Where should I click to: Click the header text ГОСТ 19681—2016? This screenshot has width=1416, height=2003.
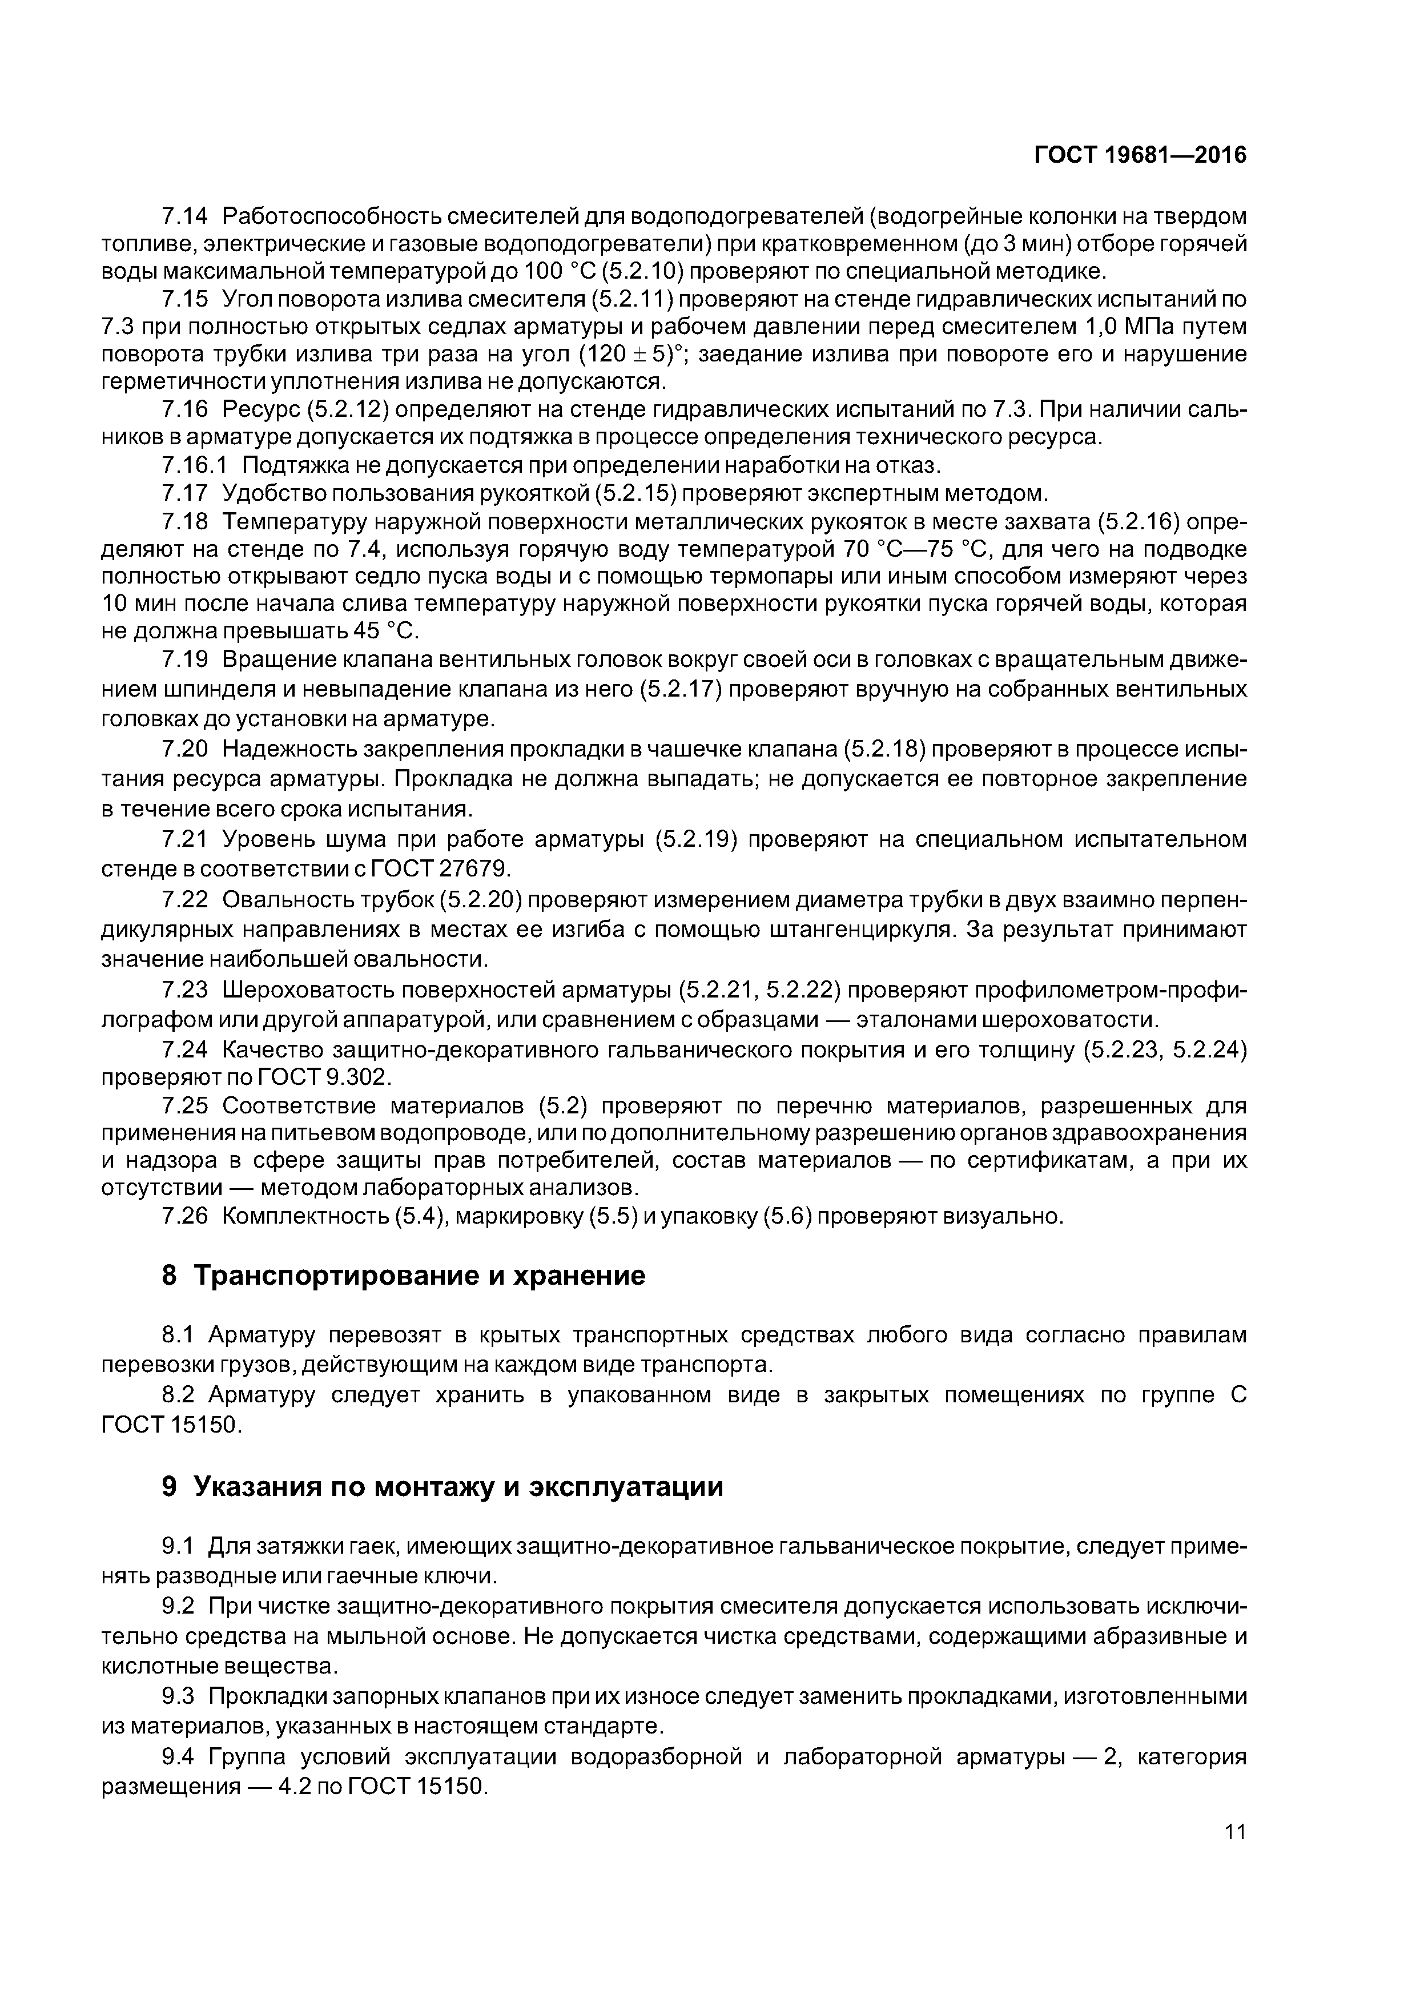1140,155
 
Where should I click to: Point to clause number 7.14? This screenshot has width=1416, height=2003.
185,215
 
